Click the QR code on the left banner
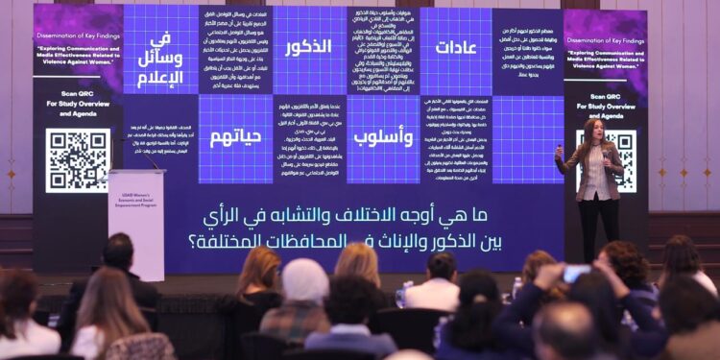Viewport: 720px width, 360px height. coord(77,159)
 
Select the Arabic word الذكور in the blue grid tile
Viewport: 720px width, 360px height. coord(308,47)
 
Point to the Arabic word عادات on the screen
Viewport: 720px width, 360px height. coord(456,47)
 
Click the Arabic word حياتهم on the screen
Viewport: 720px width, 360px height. coord(235,136)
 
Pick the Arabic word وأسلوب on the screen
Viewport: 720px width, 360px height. coord(383,136)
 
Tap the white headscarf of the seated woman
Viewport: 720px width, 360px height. coord(304,279)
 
